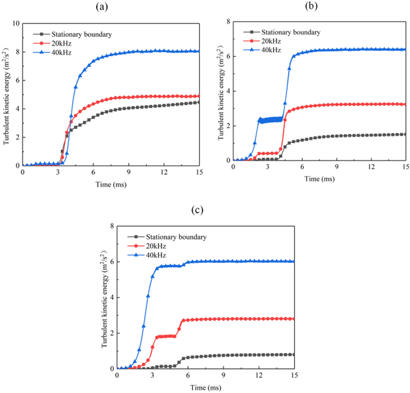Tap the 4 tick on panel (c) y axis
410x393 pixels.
pos(112,298)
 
